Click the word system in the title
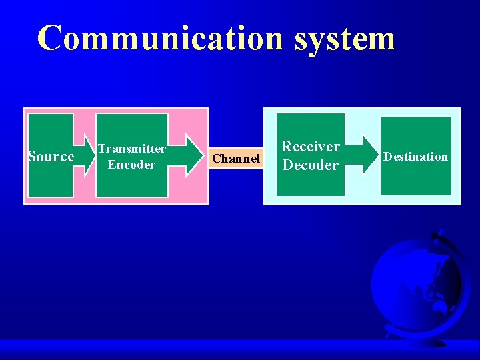(x=345, y=39)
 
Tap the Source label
(x=51, y=157)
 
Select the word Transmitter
(x=131, y=149)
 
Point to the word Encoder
(x=131, y=165)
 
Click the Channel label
(x=236, y=159)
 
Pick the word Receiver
(x=310, y=147)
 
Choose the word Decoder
(x=310, y=165)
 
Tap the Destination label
(x=416, y=157)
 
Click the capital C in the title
(x=51, y=38)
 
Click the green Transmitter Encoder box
(x=131, y=183)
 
